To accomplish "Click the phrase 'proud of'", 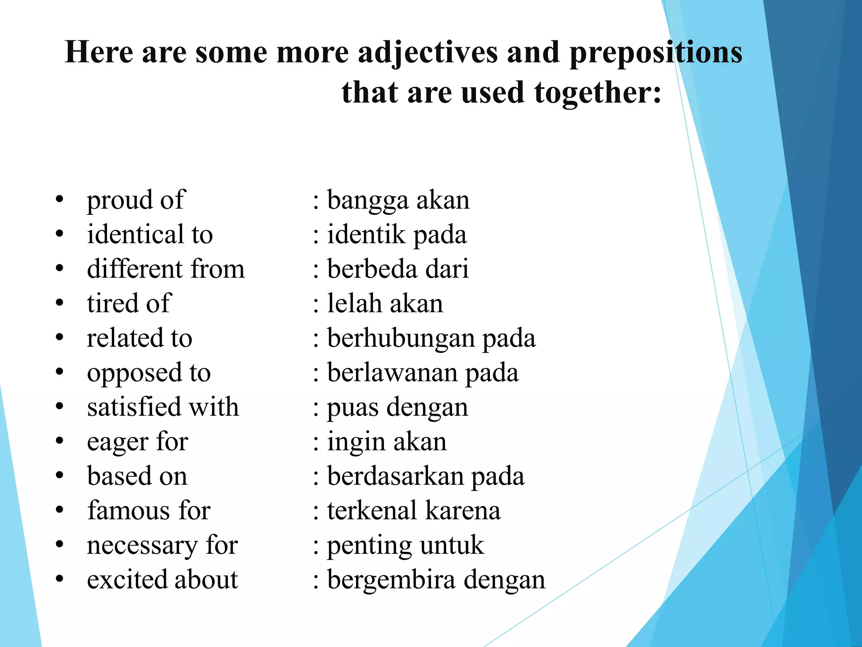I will point(136,200).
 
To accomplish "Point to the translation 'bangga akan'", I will point(398,200).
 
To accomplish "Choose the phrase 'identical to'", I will point(150,235).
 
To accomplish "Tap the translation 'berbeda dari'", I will point(398,269).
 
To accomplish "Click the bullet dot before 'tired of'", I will point(59,303).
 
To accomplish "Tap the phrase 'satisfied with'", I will point(163,407).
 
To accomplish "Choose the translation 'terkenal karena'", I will point(414,511).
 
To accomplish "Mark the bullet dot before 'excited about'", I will point(59,579).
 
